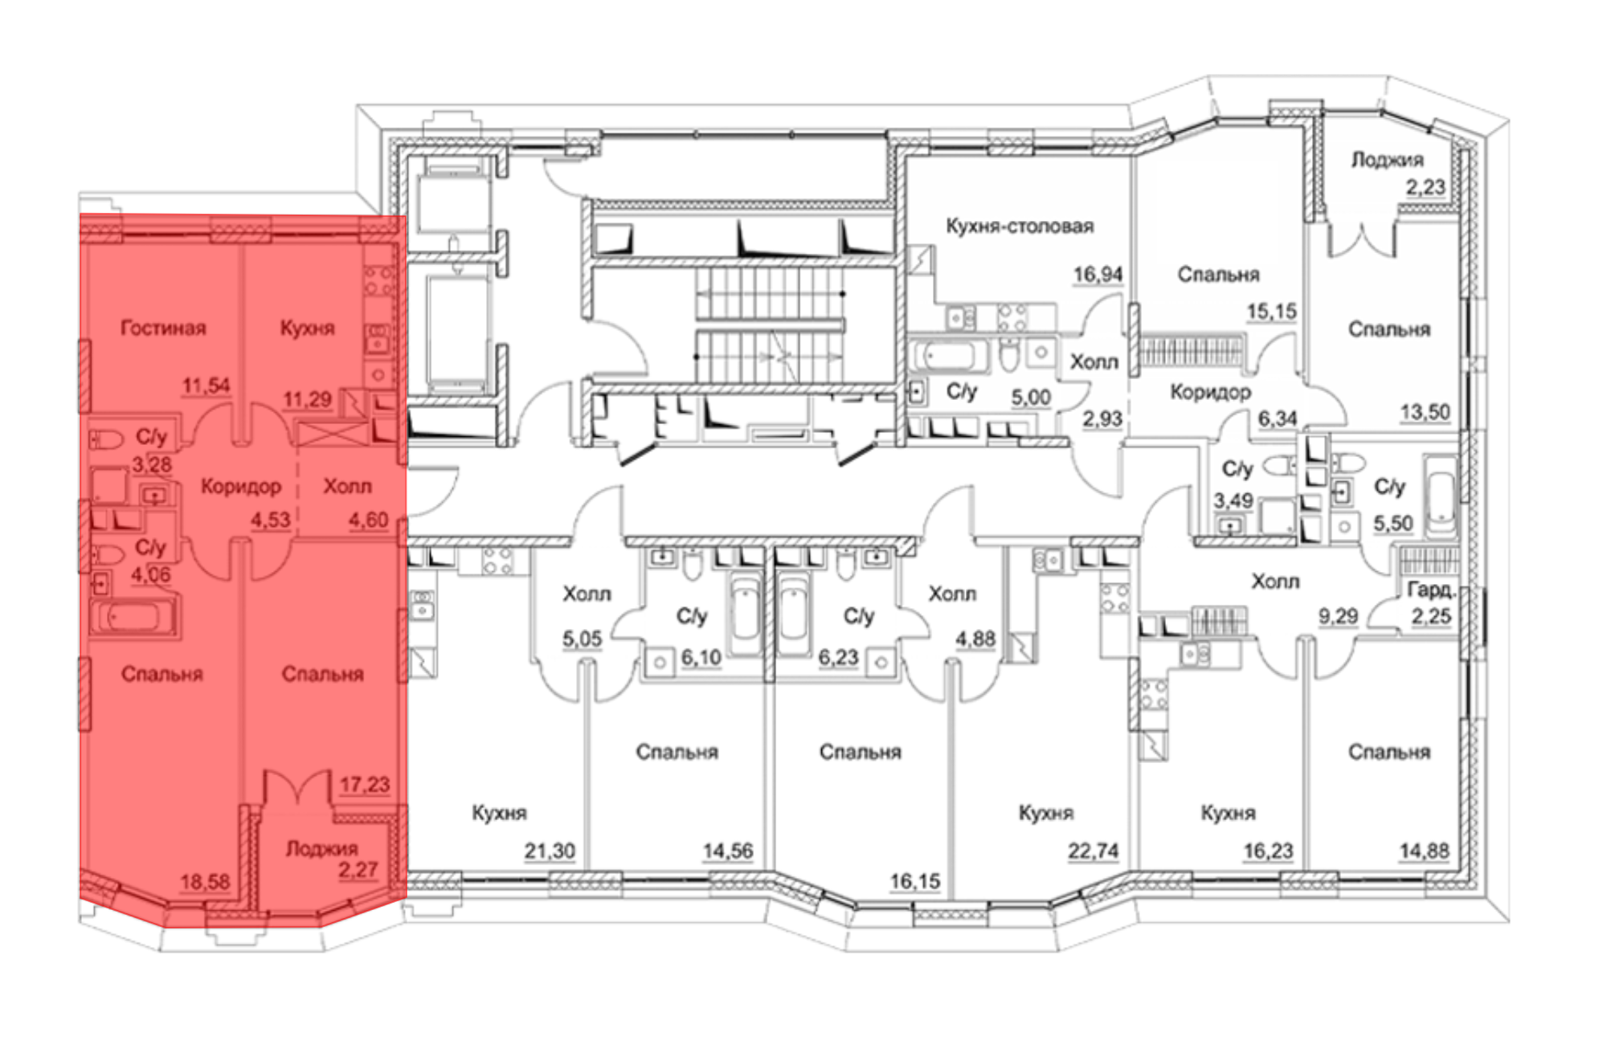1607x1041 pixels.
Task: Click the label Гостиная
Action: [x=163, y=328]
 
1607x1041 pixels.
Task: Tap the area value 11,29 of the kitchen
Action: [x=307, y=398]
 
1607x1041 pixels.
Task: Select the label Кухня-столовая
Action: [x=1020, y=226]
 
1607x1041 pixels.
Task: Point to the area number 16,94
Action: [x=1098, y=275]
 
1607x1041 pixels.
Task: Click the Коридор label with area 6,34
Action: [x=1210, y=392]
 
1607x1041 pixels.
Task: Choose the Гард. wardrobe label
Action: [x=1432, y=590]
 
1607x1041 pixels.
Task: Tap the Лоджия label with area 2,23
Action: [x=1387, y=160]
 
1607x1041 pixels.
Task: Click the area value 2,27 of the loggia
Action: [x=358, y=870]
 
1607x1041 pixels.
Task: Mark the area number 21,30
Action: [x=550, y=851]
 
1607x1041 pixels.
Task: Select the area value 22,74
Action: [x=1093, y=851]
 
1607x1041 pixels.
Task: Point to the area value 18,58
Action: [x=205, y=882]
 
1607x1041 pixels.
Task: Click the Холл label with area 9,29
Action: [x=1275, y=581]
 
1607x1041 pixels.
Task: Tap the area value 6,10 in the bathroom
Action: [x=701, y=658]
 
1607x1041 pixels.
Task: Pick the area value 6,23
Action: [x=839, y=658]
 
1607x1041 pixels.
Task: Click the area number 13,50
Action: [x=1425, y=413]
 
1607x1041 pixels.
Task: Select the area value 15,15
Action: [x=1272, y=311]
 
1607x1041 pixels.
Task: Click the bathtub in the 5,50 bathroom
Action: [x=1441, y=496]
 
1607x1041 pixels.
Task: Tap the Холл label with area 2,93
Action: [x=1094, y=362]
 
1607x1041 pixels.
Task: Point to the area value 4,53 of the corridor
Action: [x=271, y=520]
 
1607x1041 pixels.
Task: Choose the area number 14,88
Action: [x=1425, y=851]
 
